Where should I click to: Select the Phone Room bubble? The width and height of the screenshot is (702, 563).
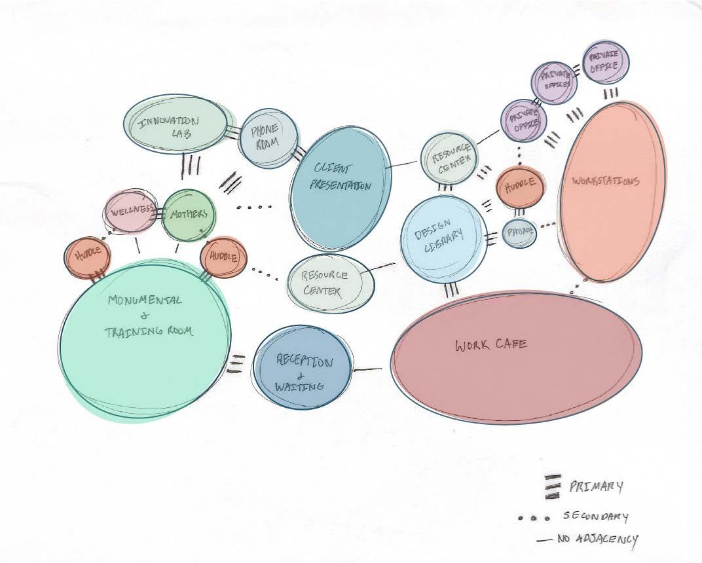click(x=268, y=138)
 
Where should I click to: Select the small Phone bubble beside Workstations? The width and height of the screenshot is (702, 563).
click(x=520, y=233)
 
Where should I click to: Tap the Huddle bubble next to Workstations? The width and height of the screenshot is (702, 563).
click(x=521, y=185)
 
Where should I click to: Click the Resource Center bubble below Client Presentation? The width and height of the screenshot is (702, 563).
click(x=325, y=280)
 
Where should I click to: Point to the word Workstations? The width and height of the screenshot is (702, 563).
click(x=605, y=181)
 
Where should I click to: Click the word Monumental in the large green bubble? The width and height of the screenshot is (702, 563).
click(x=136, y=300)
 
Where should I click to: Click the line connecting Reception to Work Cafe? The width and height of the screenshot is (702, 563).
click(x=368, y=370)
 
